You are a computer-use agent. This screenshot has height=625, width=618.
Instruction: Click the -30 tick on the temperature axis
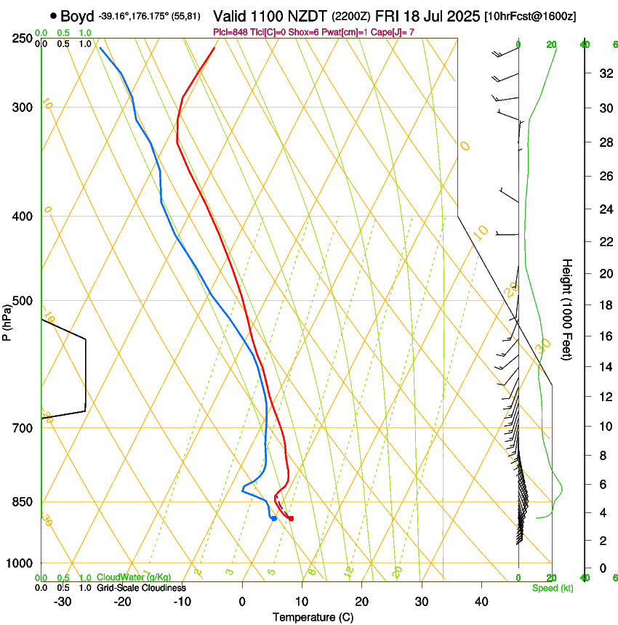(x=63, y=602)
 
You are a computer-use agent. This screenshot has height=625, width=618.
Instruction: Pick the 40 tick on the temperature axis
(x=481, y=602)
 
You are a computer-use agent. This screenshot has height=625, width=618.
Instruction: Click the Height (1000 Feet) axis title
(x=567, y=310)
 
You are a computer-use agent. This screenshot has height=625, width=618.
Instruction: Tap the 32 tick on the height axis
(x=603, y=73)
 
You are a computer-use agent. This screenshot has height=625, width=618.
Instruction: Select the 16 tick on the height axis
(x=603, y=336)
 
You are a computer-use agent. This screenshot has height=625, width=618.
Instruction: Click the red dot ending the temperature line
(x=291, y=518)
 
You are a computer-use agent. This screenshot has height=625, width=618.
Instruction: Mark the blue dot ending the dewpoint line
(x=273, y=518)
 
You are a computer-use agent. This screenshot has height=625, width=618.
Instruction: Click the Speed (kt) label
(x=553, y=588)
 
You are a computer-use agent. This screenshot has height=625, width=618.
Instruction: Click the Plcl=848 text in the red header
(x=232, y=32)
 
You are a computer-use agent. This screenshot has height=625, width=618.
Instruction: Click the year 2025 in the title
(x=460, y=16)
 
